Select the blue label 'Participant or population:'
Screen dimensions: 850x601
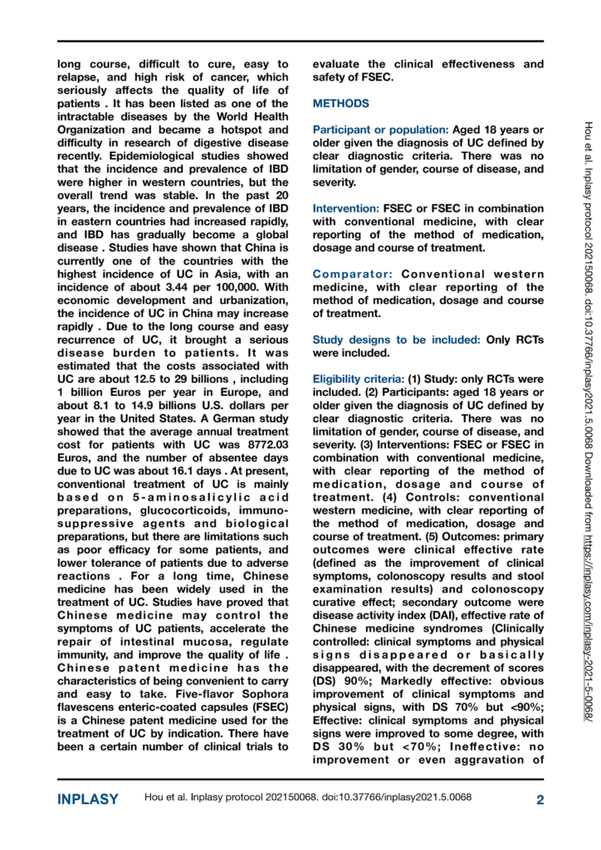[x=381, y=130]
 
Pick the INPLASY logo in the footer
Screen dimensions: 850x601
[x=88, y=799]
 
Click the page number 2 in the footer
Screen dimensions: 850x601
[x=540, y=799]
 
